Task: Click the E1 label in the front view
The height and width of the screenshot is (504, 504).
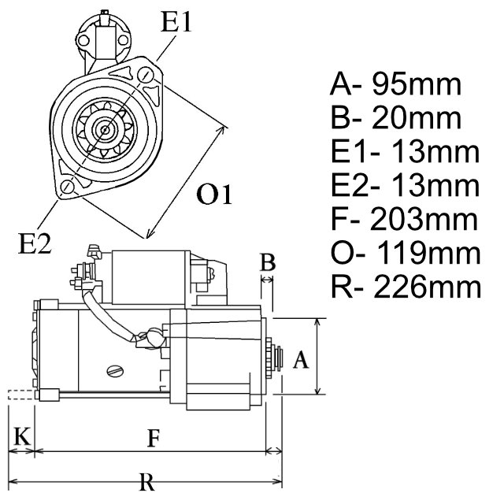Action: [176, 22]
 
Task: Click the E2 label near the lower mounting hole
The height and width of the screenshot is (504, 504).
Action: [35, 245]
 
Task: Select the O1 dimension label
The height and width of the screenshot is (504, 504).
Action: [214, 195]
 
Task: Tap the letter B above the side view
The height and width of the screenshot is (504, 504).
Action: [268, 262]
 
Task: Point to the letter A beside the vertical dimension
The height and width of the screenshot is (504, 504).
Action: [299, 360]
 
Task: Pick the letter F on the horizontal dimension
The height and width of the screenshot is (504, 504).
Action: [154, 439]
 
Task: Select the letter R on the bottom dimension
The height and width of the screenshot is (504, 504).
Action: [147, 481]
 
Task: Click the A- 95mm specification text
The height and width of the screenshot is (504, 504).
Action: [395, 83]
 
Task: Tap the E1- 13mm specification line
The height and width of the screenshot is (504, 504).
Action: [404, 152]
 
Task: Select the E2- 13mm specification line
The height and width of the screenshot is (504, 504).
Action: [404, 186]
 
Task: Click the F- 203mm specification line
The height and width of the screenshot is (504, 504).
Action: [404, 220]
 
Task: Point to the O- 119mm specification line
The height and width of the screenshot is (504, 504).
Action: [405, 254]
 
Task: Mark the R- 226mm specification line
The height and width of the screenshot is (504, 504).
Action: [405, 287]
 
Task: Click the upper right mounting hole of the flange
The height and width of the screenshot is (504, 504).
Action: [145, 75]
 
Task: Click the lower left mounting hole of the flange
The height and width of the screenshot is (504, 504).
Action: [69, 187]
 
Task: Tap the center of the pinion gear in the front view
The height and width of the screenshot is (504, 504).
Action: [105, 128]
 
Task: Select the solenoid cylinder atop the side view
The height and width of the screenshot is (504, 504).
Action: [148, 277]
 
